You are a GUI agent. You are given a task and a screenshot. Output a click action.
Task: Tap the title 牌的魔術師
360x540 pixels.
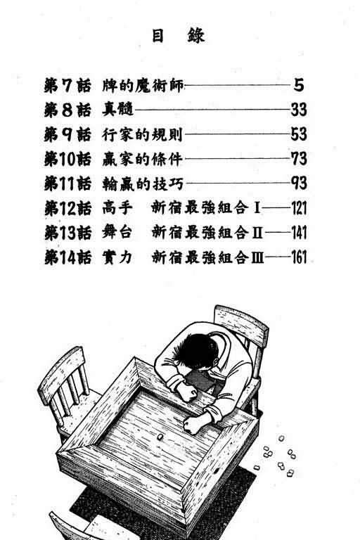[x=141, y=87]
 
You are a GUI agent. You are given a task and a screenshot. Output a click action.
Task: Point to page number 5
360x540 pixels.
[x=298, y=87]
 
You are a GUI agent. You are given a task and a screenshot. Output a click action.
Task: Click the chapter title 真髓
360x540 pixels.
[x=116, y=110]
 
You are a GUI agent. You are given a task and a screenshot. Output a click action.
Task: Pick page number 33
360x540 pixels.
[x=300, y=110]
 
